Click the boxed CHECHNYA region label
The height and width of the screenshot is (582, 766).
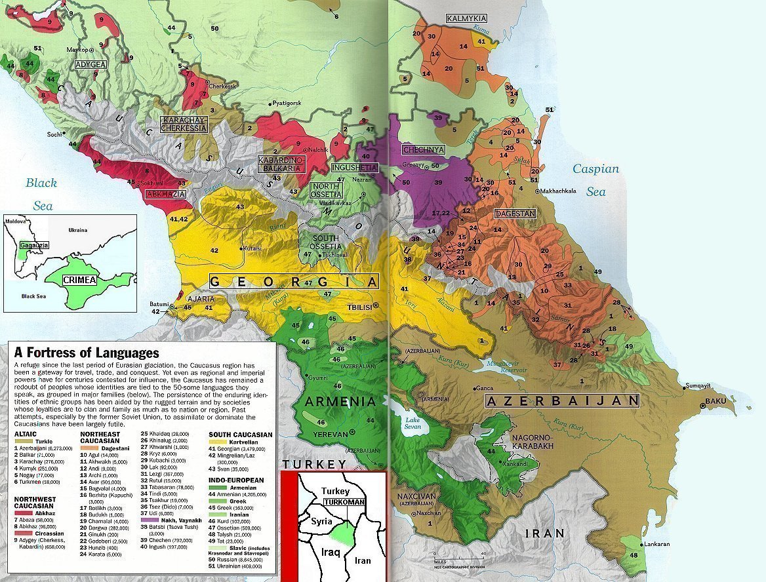point(424,149)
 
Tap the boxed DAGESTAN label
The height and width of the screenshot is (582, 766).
point(516,214)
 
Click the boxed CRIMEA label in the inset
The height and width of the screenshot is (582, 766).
point(79,280)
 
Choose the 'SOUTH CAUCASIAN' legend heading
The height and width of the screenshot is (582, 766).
point(240,435)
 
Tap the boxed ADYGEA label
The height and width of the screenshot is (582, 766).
point(91,65)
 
